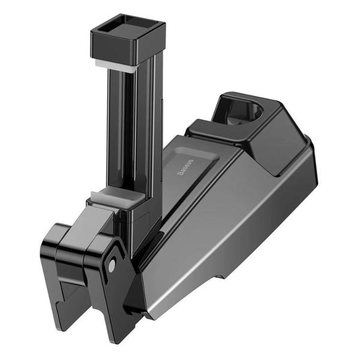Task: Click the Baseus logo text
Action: pyautogui.click(x=185, y=169)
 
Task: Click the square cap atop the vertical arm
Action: pyautogui.click(x=128, y=39)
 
